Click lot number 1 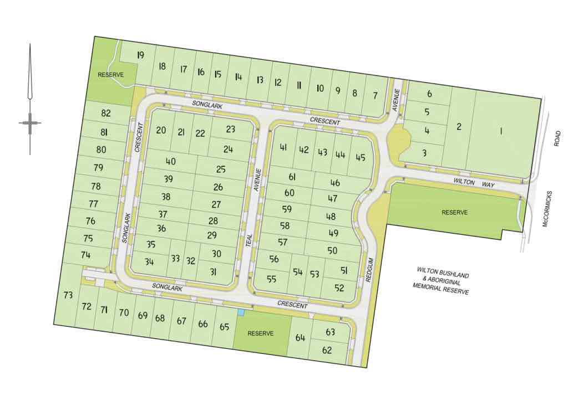point(500,131)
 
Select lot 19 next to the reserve point(140,55)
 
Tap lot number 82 point(106,114)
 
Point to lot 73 point(68,295)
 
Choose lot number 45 point(361,157)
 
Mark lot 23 point(231,130)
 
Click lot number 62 point(327,350)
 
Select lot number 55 point(271,279)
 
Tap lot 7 point(375,95)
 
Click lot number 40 point(170,162)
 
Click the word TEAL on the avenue point(249,241)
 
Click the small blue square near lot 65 point(241,313)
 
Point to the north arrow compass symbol point(30,122)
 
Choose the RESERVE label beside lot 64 point(261,333)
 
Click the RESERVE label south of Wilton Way point(454,212)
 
